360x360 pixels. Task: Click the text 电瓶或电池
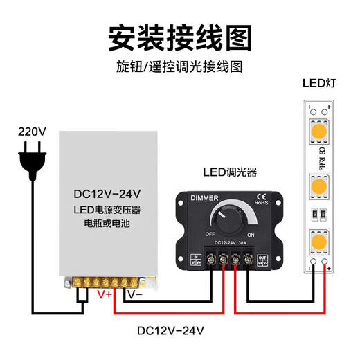click(x=111, y=224)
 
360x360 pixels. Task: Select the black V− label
click(x=134, y=294)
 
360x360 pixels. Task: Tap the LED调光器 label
click(x=230, y=172)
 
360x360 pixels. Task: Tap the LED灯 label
click(x=319, y=84)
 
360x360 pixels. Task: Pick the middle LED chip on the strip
click(x=319, y=187)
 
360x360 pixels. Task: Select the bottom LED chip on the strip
click(x=319, y=242)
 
